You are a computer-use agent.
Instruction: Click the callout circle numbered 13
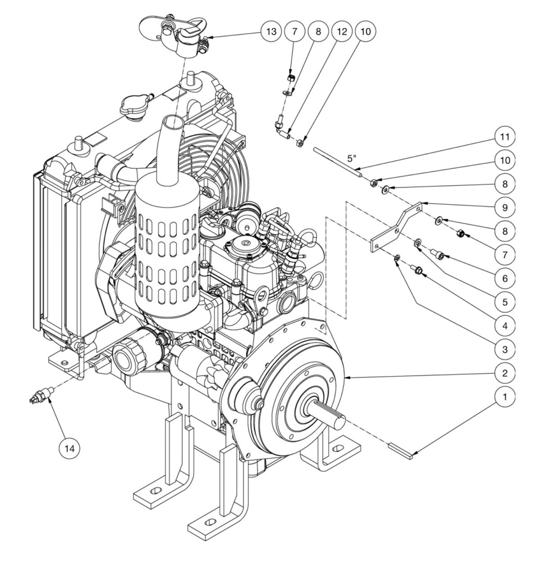271,31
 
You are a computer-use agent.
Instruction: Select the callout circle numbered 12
342,31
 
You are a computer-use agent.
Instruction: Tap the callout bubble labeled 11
504,136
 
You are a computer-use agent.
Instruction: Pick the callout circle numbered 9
504,207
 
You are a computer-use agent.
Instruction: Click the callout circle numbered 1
504,396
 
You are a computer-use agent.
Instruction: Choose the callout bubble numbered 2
504,373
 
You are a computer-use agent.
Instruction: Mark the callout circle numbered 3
504,349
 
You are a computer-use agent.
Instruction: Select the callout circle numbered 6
504,278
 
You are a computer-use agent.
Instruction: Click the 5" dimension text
352,158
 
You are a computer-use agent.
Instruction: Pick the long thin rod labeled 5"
337,159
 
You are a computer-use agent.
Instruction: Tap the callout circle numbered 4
504,325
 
